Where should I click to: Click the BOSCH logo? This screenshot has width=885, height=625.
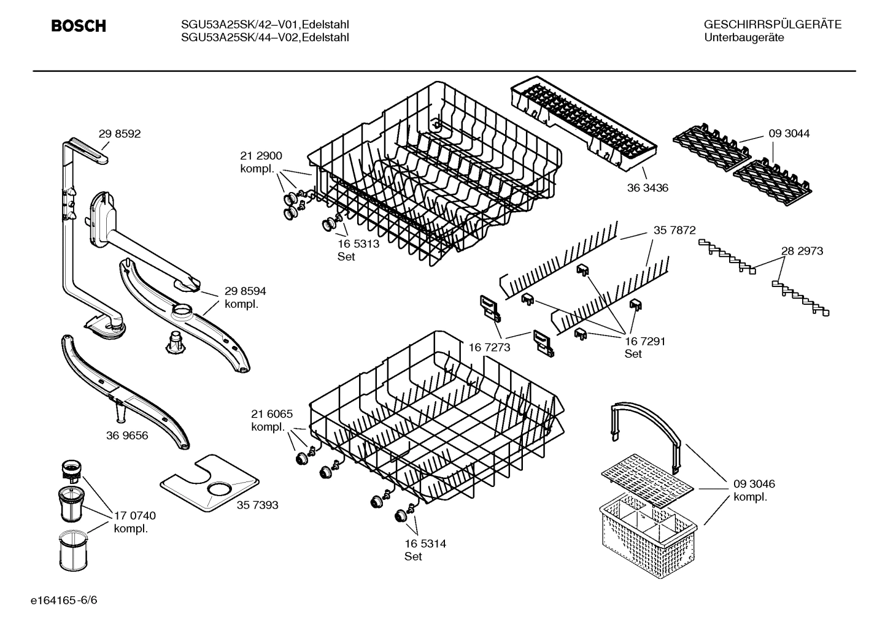point(79,26)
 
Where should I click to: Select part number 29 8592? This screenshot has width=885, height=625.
point(119,134)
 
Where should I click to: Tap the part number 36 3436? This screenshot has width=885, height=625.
point(647,188)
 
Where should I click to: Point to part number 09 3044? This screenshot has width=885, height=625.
point(788,133)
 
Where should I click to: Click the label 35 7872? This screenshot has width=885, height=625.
point(674,230)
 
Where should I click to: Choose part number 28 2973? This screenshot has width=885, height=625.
point(802,251)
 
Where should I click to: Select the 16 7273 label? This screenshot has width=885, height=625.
point(489,347)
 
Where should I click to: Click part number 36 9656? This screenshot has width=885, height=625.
point(127,435)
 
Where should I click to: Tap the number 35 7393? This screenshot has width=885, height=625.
point(257,505)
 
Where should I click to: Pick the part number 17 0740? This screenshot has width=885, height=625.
point(134,516)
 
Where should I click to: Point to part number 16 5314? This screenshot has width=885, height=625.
point(425,543)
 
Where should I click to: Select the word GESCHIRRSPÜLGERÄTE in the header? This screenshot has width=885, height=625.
point(772,25)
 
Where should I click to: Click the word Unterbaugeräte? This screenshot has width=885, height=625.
point(744,38)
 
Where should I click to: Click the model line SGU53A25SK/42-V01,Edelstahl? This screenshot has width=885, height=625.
point(265,25)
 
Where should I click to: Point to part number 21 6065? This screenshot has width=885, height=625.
point(271,414)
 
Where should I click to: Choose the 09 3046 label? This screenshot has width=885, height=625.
point(754,484)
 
